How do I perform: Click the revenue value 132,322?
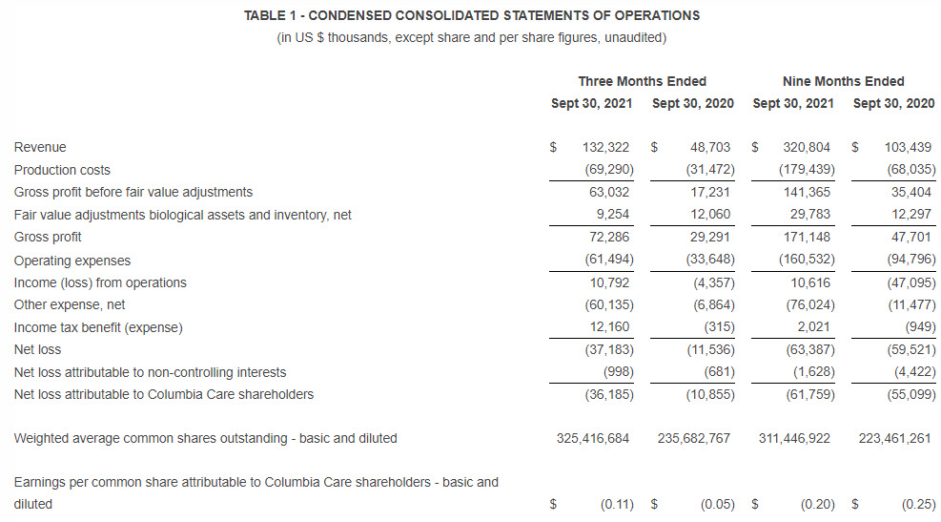tap(607, 147)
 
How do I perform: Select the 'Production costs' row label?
tap(62, 170)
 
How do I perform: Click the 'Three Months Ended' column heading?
tap(642, 81)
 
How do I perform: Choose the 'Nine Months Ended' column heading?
tap(843, 81)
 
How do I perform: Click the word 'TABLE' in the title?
tap(263, 15)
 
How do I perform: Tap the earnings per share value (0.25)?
tap(918, 504)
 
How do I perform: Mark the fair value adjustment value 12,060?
tap(709, 215)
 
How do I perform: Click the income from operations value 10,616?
tap(812, 282)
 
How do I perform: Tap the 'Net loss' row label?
tap(38, 350)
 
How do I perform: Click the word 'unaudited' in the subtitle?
tap(634, 37)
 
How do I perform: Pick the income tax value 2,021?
tap(816, 327)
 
